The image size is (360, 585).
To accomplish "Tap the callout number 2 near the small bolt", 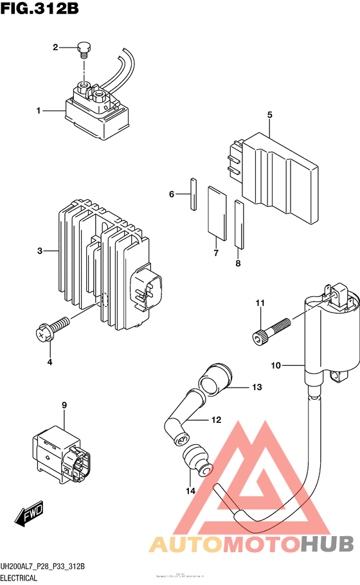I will (55, 47).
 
